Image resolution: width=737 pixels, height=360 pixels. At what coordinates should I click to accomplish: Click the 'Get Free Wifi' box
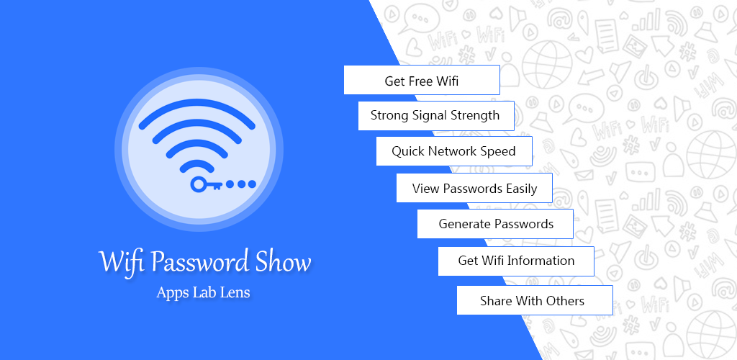click(422, 80)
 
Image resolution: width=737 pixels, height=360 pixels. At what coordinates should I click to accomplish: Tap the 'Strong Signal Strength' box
click(436, 116)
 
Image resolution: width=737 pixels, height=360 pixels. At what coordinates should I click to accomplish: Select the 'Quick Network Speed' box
click(454, 151)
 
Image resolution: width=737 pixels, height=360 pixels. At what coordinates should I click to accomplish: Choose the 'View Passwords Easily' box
click(474, 188)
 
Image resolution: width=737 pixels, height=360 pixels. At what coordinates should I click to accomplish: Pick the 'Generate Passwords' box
click(495, 224)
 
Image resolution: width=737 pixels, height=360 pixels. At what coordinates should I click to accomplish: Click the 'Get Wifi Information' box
click(516, 261)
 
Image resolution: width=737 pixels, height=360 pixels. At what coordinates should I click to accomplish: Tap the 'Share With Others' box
click(535, 300)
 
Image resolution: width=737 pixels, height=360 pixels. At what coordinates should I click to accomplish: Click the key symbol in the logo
click(206, 184)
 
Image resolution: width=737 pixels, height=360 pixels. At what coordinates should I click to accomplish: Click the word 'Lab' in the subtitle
click(202, 292)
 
